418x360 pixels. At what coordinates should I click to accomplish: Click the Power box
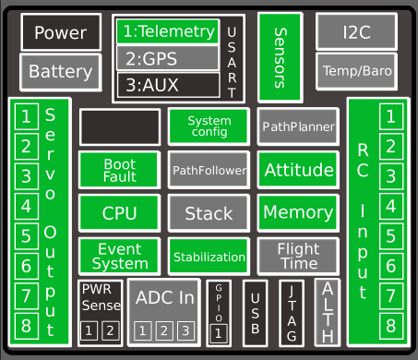tap(60, 33)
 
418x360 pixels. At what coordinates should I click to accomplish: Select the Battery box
tap(60, 71)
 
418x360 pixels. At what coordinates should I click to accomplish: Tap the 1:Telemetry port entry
tap(167, 31)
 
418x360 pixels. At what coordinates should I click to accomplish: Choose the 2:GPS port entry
tap(167, 57)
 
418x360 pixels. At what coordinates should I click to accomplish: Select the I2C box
tap(356, 31)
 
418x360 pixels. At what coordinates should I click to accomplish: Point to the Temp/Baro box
tap(356, 70)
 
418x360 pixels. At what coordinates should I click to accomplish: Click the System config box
tap(209, 126)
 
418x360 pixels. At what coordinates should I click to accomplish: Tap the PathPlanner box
tap(298, 126)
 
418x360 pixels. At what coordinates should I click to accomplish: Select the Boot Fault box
tap(119, 170)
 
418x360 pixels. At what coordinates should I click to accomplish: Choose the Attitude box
tap(298, 170)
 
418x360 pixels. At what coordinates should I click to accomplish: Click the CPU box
tap(119, 213)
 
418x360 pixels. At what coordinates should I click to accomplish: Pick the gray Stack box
tap(209, 213)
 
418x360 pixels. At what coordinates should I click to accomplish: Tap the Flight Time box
tap(298, 256)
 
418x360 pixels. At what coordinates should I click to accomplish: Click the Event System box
tap(119, 256)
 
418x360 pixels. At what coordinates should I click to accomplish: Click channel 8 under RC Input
tap(390, 325)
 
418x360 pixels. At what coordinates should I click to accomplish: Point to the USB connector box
tap(257, 312)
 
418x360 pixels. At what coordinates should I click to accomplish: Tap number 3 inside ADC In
tap(185, 330)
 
